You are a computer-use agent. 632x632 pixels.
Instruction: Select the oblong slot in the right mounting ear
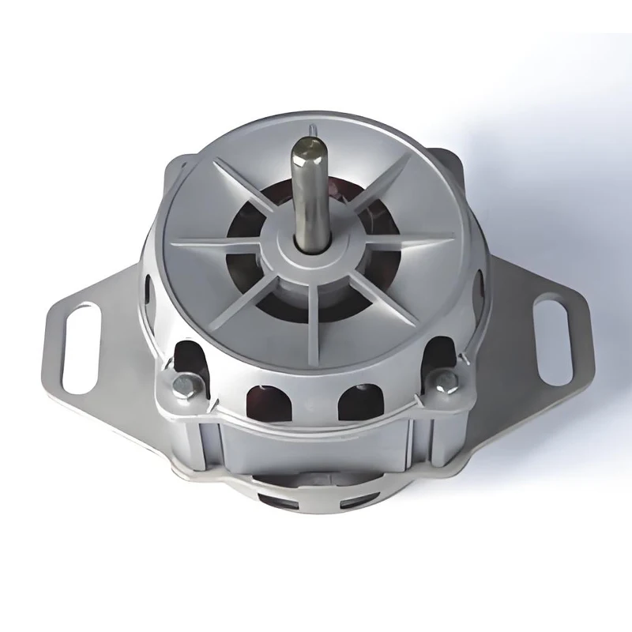[546, 327]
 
